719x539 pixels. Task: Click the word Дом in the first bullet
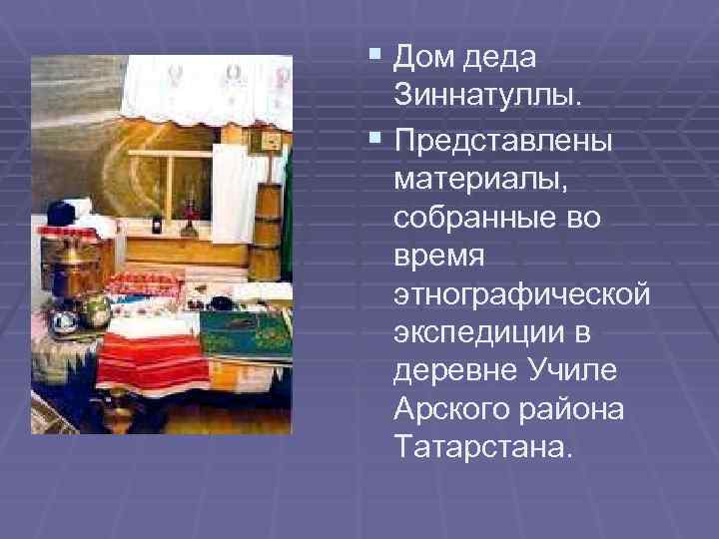point(427,58)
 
